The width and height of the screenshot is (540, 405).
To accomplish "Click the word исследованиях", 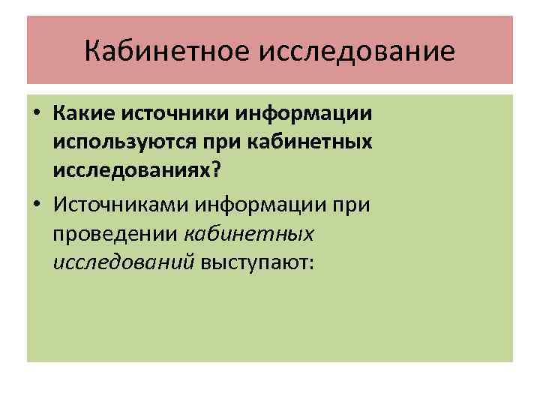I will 132,169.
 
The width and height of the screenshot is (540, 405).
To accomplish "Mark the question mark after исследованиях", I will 217,169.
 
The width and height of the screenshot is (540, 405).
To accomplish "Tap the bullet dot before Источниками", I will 36,203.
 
